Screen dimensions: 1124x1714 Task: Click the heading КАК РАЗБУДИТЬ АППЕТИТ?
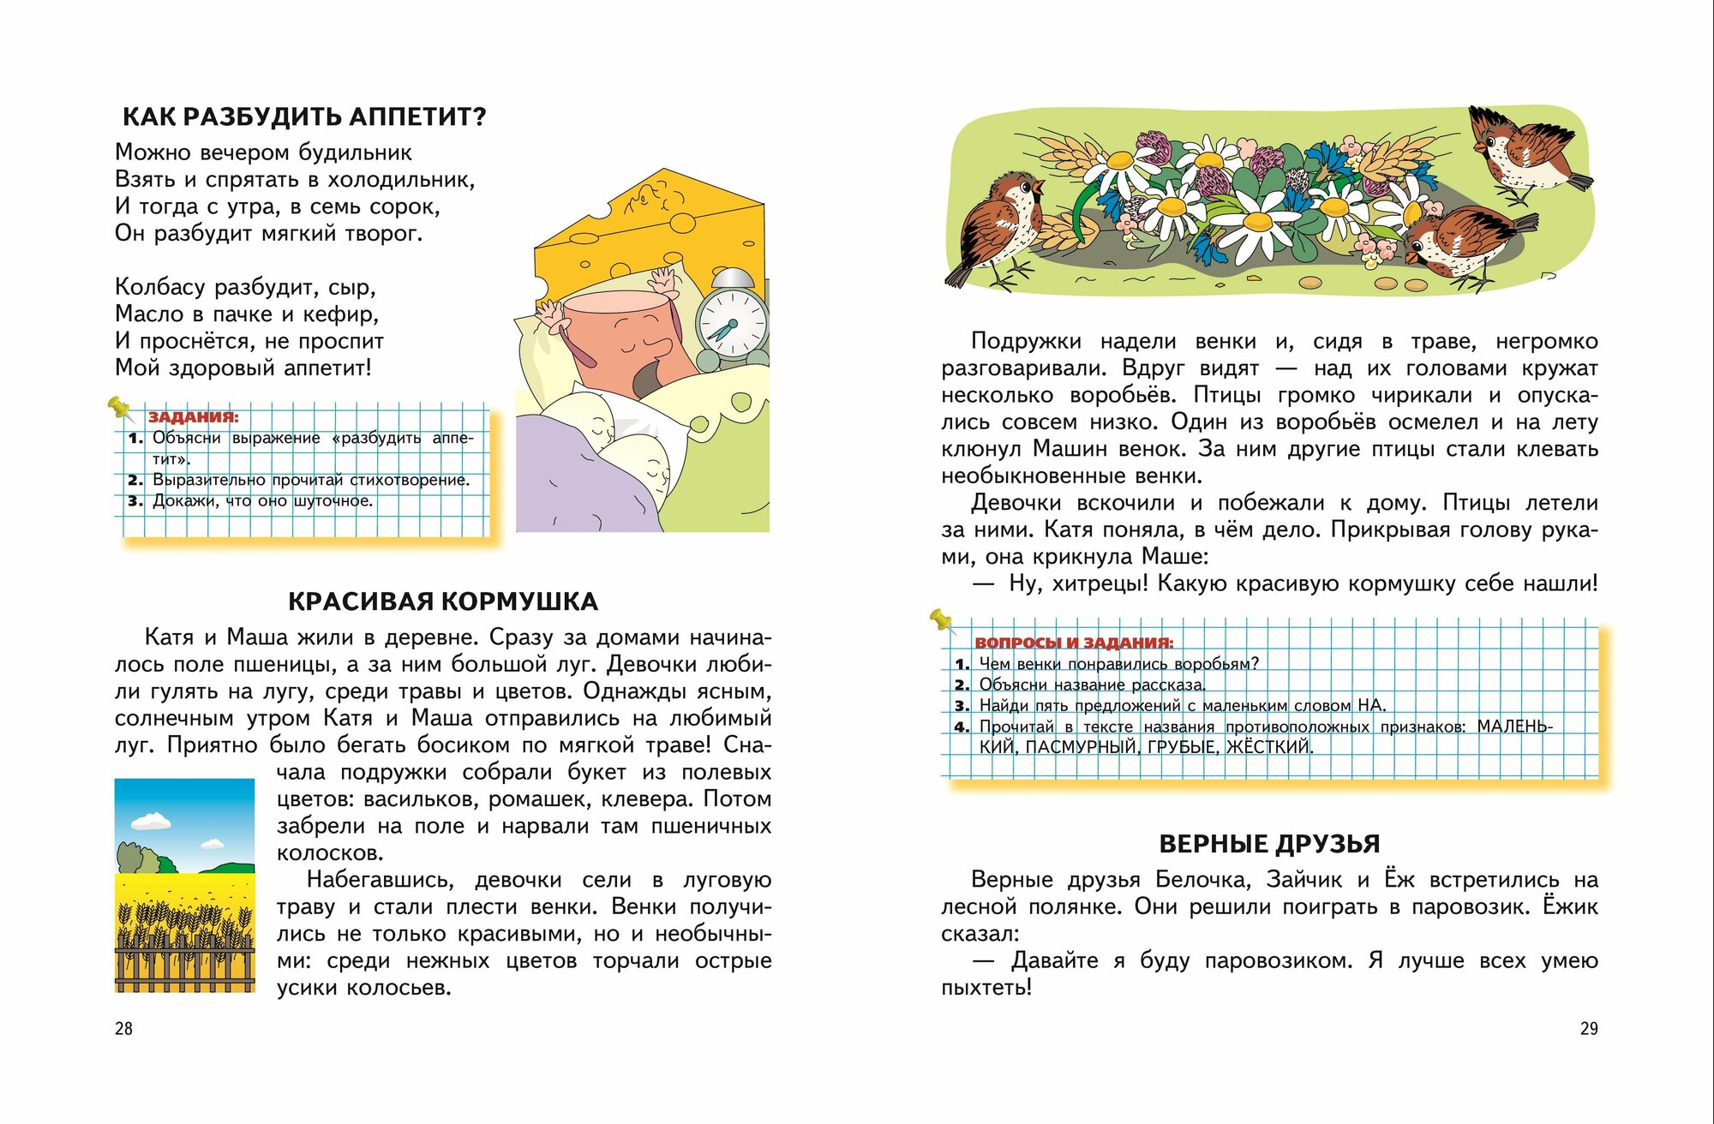click(304, 117)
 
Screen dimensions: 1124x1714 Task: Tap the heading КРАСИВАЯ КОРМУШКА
click(442, 601)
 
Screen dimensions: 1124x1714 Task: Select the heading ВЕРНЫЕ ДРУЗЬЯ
click(1269, 844)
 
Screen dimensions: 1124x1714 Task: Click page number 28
click(124, 1029)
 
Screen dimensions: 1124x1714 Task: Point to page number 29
click(1589, 1029)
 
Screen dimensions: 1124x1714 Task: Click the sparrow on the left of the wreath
click(998, 227)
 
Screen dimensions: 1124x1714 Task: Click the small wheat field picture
click(185, 886)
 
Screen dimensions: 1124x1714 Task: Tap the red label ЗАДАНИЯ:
click(194, 417)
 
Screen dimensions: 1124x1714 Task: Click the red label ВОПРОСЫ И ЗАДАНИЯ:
click(1074, 643)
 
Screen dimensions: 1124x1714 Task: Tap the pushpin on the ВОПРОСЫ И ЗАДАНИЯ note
click(941, 619)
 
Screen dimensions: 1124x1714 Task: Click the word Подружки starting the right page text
click(1026, 342)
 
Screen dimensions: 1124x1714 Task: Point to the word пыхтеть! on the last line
click(986, 988)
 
